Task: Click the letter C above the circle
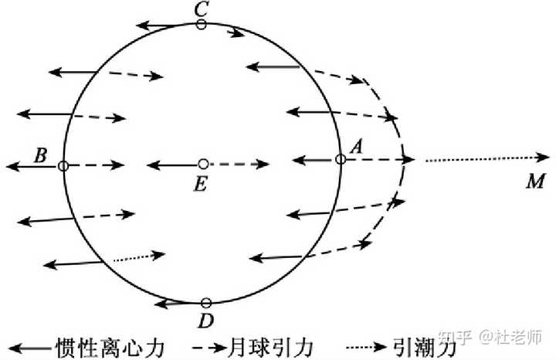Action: (201, 9)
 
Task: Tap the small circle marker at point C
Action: (202, 25)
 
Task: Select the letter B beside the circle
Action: (40, 155)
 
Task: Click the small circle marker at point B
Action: (63, 165)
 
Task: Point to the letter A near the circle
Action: (357, 147)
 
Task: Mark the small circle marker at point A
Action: (341, 159)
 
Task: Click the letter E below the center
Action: (200, 184)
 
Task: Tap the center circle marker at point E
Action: (203, 164)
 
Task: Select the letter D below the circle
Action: (206, 321)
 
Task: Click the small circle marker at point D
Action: (206, 304)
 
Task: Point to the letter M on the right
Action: (535, 182)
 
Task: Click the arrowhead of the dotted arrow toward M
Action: (543, 157)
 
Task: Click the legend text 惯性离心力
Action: (110, 348)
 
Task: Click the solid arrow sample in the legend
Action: (30, 348)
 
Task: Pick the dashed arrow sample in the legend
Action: (209, 348)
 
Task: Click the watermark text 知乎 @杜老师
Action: (490, 337)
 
